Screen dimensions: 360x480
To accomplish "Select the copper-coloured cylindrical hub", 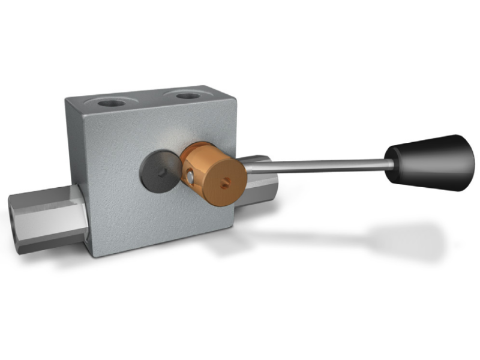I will [x=210, y=173].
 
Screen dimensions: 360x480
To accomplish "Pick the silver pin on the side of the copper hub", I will [x=188, y=178].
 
